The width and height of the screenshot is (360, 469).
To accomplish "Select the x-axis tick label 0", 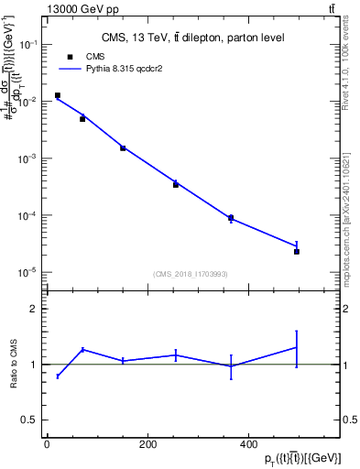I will point(47,445).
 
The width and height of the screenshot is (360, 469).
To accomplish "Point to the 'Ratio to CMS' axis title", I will point(14,365).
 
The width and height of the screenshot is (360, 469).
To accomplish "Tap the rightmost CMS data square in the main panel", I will point(297,251).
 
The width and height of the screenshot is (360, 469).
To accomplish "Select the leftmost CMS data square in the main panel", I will point(58,95).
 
